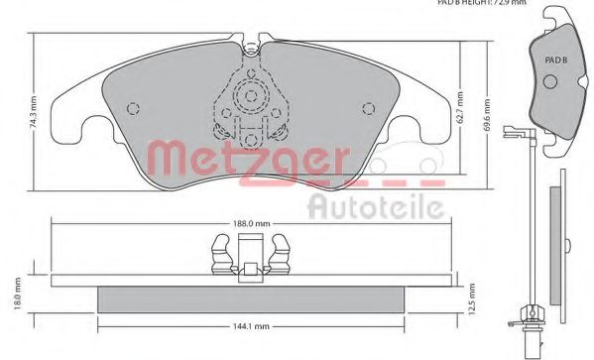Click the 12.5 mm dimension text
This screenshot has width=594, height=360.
(x=474, y=296)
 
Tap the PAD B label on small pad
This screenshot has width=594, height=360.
(x=555, y=60)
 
